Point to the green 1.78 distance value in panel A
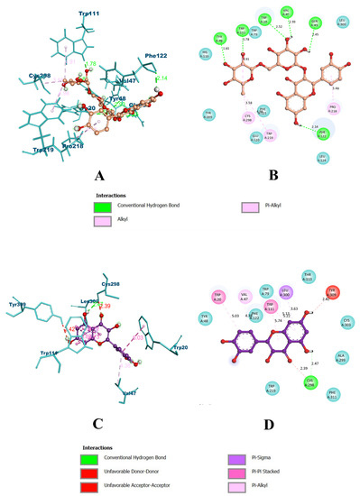pyautogui.click(x=89, y=64)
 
